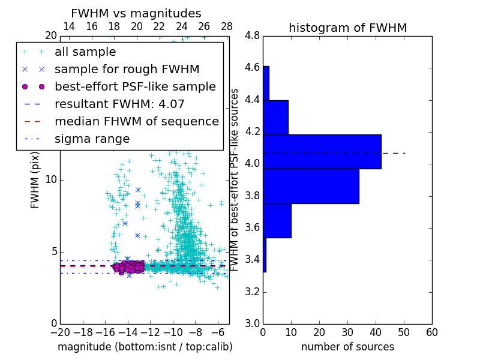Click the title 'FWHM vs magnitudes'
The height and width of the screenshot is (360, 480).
point(136,14)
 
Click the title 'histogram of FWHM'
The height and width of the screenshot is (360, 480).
point(347,28)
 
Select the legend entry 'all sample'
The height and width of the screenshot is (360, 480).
point(85,52)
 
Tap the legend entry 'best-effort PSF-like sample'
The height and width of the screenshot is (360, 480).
point(135,87)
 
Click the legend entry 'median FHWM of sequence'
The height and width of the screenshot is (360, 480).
point(136,122)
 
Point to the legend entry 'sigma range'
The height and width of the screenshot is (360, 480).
point(92,139)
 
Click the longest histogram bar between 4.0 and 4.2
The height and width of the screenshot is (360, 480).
point(322,152)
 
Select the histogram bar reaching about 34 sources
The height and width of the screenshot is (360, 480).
point(311,186)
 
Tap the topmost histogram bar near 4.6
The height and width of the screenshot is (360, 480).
point(266,83)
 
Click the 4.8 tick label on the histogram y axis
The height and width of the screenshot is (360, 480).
point(252,36)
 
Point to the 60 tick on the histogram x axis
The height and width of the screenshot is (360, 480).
point(431,332)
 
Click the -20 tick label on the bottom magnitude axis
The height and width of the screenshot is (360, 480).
point(60,332)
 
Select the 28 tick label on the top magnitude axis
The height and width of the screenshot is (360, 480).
point(227,27)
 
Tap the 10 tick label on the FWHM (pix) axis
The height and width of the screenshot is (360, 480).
point(51,180)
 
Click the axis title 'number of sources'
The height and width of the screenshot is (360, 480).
point(347,347)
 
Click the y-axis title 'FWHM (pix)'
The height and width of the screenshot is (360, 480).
point(35,180)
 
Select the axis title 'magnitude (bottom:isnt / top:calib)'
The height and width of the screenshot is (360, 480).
point(145,347)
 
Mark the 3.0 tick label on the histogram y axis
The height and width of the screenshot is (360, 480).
point(252,323)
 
